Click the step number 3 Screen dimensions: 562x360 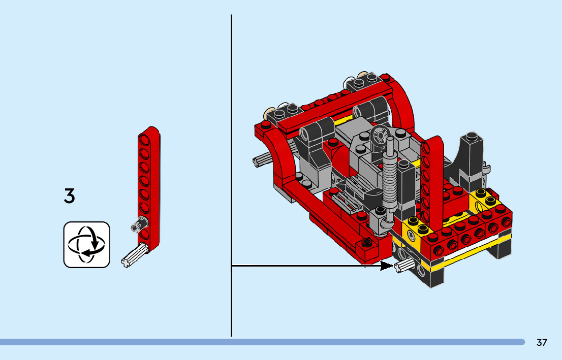(70, 196)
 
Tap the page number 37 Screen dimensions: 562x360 (542, 342)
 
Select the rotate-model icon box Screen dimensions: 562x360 (87, 245)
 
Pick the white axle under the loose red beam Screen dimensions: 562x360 (135, 254)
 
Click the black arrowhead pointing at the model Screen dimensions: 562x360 (387, 266)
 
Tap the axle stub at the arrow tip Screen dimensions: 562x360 (404, 266)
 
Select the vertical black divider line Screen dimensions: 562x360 (232, 176)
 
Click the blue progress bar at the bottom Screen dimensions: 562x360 (262, 342)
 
